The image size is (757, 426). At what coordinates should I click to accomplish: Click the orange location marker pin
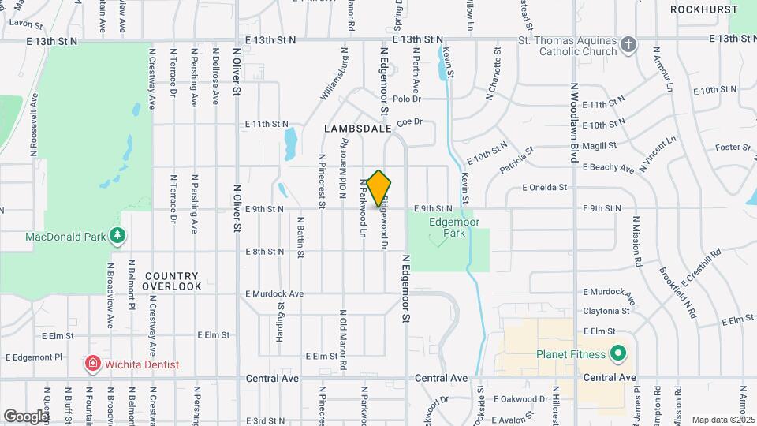coord(378,188)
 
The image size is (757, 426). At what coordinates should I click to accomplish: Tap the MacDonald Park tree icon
coord(117,236)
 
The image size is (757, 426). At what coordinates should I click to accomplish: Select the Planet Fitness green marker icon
coord(618,354)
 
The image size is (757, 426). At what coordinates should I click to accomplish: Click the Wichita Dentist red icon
coord(93,364)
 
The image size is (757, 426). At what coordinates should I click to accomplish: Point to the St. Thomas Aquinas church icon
coord(628,44)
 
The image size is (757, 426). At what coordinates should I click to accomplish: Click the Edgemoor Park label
coord(448,228)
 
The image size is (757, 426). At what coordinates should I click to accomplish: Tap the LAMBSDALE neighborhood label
coord(357,127)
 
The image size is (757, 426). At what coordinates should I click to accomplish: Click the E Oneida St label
coord(544,188)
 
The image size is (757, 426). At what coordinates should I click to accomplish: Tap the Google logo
coord(26,416)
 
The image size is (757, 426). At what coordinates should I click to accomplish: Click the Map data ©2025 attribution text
coord(722,420)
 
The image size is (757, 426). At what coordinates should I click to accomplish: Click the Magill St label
coord(599,145)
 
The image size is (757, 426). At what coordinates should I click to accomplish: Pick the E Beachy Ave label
coord(608,168)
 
